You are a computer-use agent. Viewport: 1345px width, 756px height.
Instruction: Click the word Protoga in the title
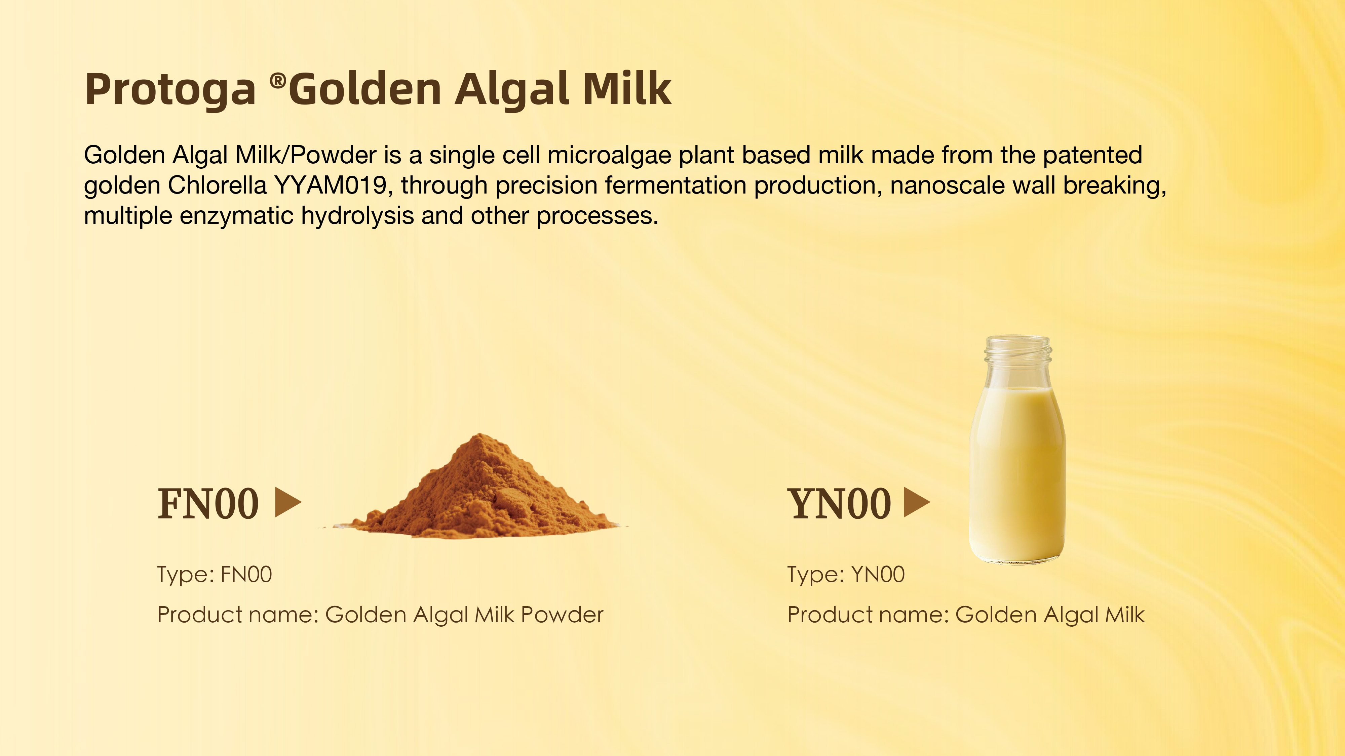tap(170, 90)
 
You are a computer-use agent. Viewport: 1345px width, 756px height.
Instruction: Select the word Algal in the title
tap(512, 90)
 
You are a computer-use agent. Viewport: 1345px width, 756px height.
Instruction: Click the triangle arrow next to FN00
tap(288, 502)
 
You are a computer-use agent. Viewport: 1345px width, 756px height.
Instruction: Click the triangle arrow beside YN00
tap(917, 502)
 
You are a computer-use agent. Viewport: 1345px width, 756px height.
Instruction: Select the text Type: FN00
tap(215, 575)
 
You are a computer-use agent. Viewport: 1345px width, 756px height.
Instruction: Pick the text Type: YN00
tap(846, 575)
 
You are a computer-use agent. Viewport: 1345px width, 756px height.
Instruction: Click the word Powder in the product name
tap(562, 615)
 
